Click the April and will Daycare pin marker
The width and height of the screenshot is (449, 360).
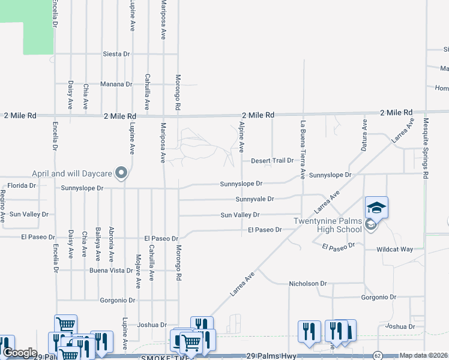click(x=121, y=173)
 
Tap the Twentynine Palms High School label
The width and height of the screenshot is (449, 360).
click(x=328, y=225)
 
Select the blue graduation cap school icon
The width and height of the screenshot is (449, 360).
click(x=376, y=208)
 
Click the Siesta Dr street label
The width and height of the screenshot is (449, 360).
click(x=116, y=54)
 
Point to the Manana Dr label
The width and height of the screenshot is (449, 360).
click(x=116, y=85)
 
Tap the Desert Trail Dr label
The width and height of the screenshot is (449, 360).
click(x=272, y=161)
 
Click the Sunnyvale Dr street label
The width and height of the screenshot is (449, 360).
click(x=255, y=199)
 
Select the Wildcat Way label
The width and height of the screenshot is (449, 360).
click(x=395, y=249)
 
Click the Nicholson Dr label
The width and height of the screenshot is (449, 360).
click(x=307, y=284)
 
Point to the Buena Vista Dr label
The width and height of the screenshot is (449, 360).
click(x=110, y=271)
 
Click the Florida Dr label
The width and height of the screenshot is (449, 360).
click(x=21, y=185)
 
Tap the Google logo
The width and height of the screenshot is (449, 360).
click(x=19, y=353)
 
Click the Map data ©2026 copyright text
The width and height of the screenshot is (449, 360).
click(x=423, y=355)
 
